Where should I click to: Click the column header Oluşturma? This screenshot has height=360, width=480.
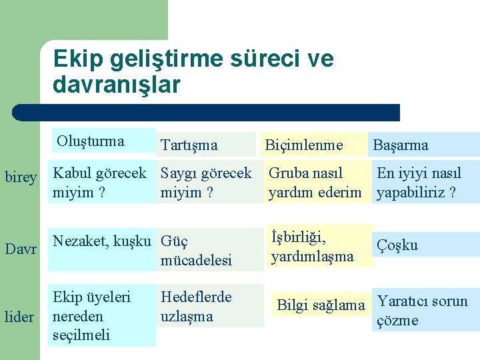pos(91,141)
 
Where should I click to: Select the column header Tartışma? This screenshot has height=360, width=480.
pos(189,145)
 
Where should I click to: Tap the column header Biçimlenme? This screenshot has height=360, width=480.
pos(303,145)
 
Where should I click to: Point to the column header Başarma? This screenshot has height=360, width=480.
pos(401,145)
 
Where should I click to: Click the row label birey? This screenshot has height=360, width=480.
pos(21,177)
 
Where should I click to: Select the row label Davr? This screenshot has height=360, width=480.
pos(20,249)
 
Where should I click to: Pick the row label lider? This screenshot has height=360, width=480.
pos(19,317)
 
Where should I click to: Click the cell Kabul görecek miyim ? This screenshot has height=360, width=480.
pos(99,183)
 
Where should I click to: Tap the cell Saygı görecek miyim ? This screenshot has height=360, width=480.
pos(206,183)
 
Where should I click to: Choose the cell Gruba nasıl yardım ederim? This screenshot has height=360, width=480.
pos(315,183)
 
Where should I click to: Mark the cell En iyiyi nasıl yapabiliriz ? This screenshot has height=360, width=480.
pos(419,183)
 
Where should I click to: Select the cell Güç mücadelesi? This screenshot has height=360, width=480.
pos(196,250)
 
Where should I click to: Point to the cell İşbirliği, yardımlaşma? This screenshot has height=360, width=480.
pos(312,247)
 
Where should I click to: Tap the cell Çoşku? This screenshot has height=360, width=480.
pos(397,245)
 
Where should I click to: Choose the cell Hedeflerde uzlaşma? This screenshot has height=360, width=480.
pos(196,306)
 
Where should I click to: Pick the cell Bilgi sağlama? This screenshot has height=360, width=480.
pos(321,305)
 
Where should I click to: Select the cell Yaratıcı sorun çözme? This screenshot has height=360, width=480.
pos(422,311)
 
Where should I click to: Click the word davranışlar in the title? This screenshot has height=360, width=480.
pos(117,85)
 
